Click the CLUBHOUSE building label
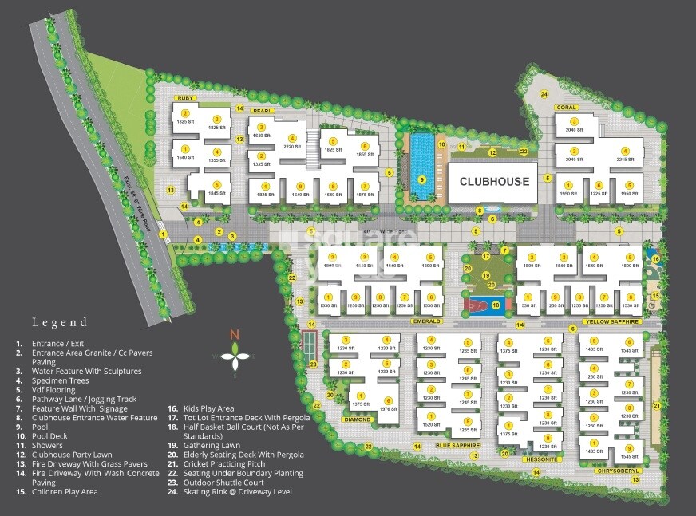point(494,182)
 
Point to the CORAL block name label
point(566,107)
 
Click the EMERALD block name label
point(427,321)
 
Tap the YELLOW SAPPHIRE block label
point(612,321)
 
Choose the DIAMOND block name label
point(358,419)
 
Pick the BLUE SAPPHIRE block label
point(457,445)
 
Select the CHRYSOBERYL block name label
point(617,471)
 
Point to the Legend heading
point(60,323)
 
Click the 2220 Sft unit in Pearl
point(292,143)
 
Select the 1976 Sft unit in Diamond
point(388,405)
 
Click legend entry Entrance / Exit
point(60,343)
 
